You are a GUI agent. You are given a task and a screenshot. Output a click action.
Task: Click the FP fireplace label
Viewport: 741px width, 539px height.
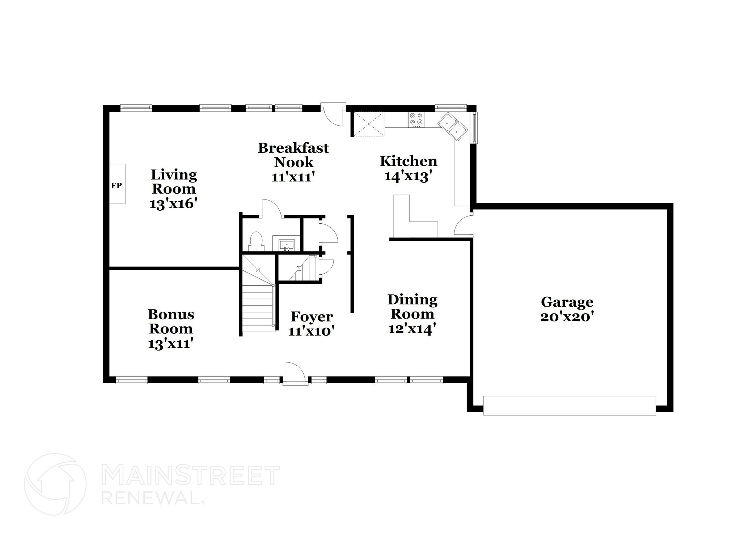pyautogui.click(x=116, y=186)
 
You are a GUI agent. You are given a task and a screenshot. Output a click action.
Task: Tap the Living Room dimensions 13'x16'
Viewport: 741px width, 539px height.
pyautogui.click(x=173, y=203)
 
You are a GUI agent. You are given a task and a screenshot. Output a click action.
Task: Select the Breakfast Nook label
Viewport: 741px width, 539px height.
pyautogui.click(x=293, y=155)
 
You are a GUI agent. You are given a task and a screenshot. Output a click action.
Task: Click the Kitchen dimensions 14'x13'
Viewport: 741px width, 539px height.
pyautogui.click(x=408, y=176)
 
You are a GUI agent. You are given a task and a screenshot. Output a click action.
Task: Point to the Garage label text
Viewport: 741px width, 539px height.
pyautogui.click(x=567, y=302)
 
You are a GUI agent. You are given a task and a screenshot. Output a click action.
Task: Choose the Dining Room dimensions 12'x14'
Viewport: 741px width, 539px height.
pyautogui.click(x=412, y=329)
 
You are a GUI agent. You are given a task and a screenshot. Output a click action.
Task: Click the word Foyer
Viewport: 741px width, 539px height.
pyautogui.click(x=312, y=317)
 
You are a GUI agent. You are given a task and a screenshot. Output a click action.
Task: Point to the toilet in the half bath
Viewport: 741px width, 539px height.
pyautogui.click(x=256, y=241)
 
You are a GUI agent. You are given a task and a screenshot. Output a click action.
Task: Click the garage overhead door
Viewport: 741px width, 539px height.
pyautogui.click(x=569, y=405)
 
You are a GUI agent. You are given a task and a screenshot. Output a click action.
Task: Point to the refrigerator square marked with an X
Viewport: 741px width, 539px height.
pyautogui.click(x=368, y=124)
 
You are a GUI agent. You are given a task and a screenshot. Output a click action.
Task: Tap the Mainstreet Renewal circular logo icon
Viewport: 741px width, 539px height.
pyautogui.click(x=55, y=484)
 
